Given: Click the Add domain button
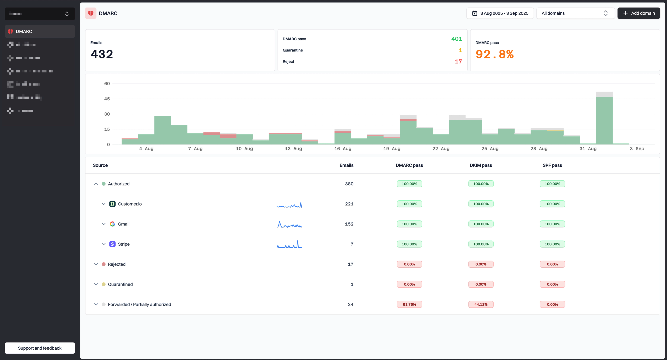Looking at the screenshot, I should [x=638, y=13].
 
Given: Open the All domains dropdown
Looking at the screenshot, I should [x=575, y=13].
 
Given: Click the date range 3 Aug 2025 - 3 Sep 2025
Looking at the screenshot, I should [x=500, y=13].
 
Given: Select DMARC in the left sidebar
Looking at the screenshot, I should [x=24, y=31].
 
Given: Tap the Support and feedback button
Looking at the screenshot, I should [x=40, y=348].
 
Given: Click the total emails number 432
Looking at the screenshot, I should [x=102, y=54].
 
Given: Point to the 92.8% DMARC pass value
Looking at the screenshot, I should [x=494, y=54].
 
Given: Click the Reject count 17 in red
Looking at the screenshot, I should [x=458, y=62].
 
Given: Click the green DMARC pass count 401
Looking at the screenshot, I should [x=456, y=39].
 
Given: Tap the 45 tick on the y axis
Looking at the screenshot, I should [x=107, y=99].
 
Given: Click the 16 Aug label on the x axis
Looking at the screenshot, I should [x=343, y=149].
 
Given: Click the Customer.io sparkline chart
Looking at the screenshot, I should [x=289, y=205].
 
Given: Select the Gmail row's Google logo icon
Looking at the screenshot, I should [x=112, y=224].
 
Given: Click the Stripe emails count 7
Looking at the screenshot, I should [x=352, y=244].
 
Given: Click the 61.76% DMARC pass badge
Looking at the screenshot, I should [x=409, y=304].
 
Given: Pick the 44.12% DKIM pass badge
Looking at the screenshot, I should [x=481, y=304].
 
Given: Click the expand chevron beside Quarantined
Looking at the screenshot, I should [x=96, y=284].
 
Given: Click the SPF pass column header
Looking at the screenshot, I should [x=552, y=165].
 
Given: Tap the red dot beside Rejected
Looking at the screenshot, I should [x=104, y=264].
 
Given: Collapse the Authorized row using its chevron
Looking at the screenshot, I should [x=96, y=184].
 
